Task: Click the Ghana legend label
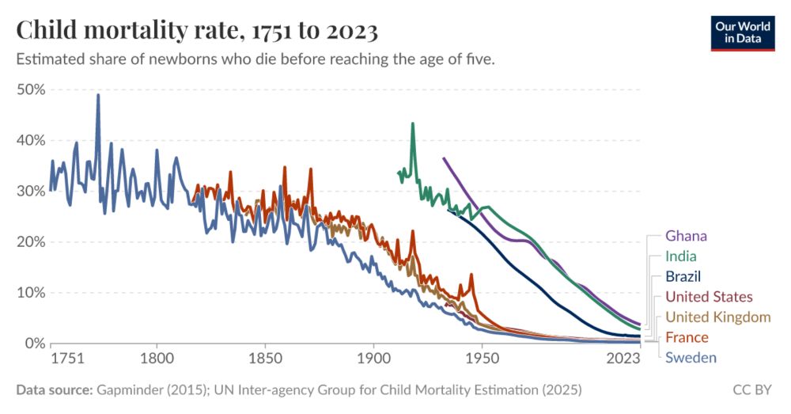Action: tap(686, 236)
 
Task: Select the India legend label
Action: tap(680, 256)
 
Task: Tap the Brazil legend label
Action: tap(683, 276)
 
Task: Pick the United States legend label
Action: tap(709, 297)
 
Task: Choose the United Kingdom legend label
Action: tap(717, 317)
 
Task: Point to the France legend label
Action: tap(687, 337)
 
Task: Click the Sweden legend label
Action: tap(691, 358)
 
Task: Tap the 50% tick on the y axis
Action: tap(31, 89)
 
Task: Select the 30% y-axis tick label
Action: tap(31, 191)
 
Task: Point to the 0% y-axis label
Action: tap(34, 343)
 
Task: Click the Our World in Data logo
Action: tap(742, 32)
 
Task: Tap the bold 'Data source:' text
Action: tap(54, 390)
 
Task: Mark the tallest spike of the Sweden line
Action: tap(98, 95)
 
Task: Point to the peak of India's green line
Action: tap(412, 123)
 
